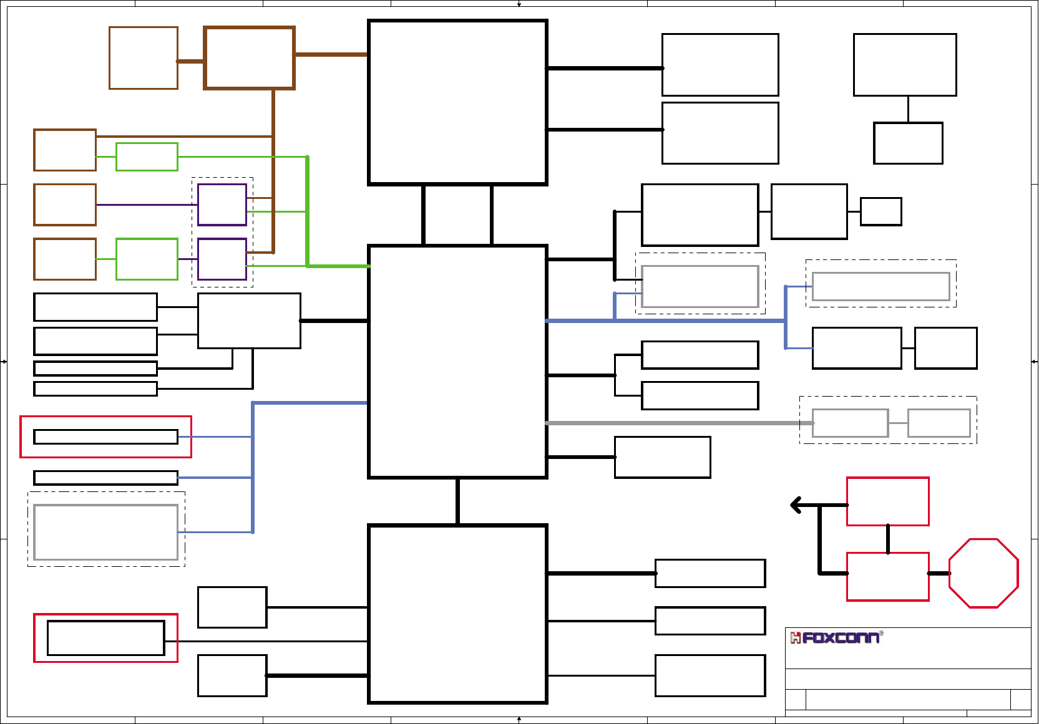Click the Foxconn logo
(x=836, y=637)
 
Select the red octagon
(x=983, y=573)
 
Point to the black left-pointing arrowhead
(x=796, y=504)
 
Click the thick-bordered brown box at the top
(x=249, y=58)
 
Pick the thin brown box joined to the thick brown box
(x=144, y=58)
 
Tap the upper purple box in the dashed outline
(x=222, y=205)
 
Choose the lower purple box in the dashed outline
(x=222, y=259)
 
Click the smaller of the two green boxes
(x=147, y=157)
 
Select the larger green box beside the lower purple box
(x=147, y=259)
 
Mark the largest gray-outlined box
(x=105, y=532)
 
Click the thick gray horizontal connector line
(x=674, y=423)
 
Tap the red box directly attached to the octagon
(x=887, y=577)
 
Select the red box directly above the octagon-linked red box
(x=887, y=501)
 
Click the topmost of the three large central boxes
(x=457, y=102)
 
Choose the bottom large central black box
(x=457, y=614)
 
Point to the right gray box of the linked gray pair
(x=939, y=423)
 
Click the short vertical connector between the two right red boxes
(x=888, y=539)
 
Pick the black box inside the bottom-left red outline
(x=105, y=638)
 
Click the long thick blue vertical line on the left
(x=253, y=468)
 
